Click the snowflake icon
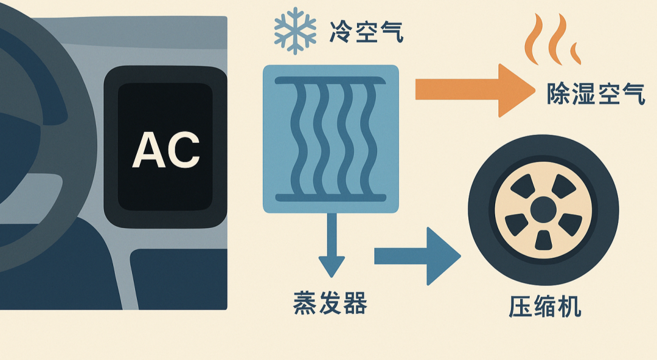pyautogui.click(x=295, y=31)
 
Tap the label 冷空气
pyautogui.click(x=366, y=31)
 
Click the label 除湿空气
pyautogui.click(x=596, y=95)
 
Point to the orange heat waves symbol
pyautogui.click(x=551, y=41)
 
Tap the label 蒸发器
pyautogui.click(x=330, y=302)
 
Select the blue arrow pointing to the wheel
pyautogui.click(x=417, y=256)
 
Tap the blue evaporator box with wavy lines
pyautogui.click(x=330, y=139)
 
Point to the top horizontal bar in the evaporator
pyautogui.click(x=330, y=80)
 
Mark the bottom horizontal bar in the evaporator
pyautogui.click(x=330, y=197)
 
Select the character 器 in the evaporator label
pyautogui.click(x=355, y=302)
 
